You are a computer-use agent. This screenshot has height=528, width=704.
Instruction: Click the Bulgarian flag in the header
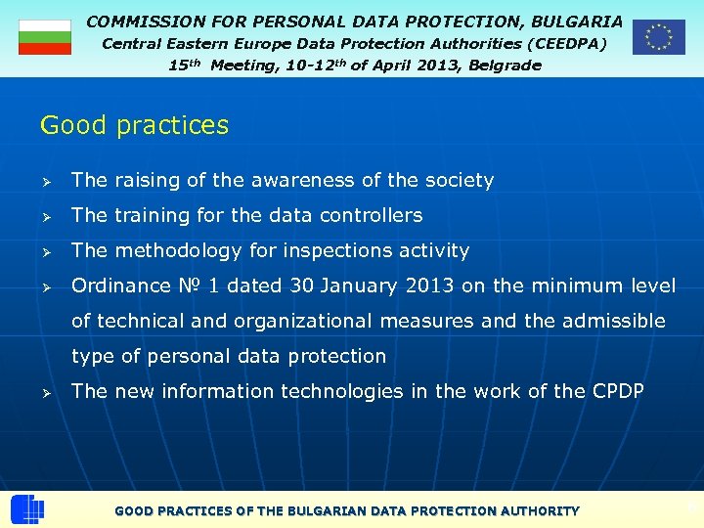(45, 37)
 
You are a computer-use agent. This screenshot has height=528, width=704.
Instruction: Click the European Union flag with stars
(658, 37)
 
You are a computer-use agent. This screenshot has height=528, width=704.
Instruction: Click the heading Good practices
(134, 125)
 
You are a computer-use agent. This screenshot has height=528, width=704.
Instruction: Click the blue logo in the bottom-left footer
(26, 509)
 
